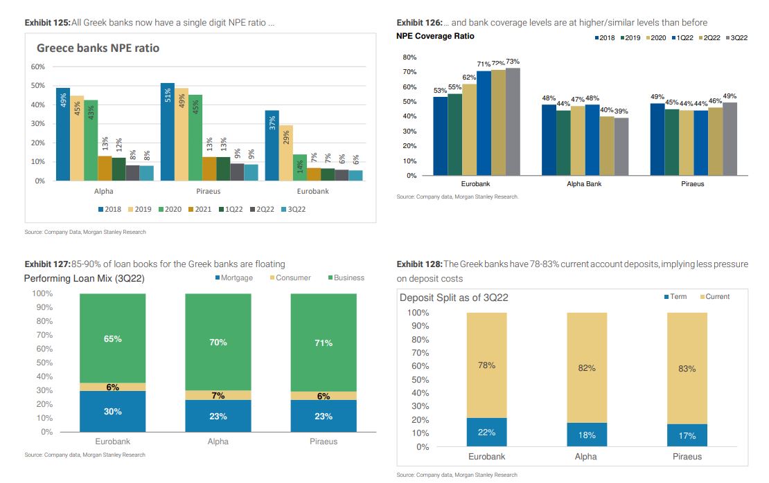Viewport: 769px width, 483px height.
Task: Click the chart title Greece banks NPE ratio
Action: coord(98,48)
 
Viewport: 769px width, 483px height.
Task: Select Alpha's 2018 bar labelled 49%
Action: coord(63,134)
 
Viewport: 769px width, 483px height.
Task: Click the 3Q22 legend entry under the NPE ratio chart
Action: coord(293,209)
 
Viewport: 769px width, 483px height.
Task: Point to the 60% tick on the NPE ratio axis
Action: coord(38,66)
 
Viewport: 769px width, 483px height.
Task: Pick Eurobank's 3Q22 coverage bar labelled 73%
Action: coord(513,121)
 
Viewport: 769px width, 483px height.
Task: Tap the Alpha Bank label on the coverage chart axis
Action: coord(584,184)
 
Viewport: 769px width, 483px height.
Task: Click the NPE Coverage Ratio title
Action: coord(435,36)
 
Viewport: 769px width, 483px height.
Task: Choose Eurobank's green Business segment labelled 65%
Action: coord(112,338)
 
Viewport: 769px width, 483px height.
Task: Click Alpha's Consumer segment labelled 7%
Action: coord(218,395)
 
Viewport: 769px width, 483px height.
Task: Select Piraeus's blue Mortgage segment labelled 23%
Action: coord(323,416)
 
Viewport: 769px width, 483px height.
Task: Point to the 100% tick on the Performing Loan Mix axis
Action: coord(42,293)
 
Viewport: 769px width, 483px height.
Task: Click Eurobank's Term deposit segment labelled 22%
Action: coord(486,432)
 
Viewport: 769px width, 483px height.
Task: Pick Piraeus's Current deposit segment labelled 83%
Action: coord(687,369)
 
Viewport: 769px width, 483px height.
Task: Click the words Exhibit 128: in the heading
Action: coord(418,264)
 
